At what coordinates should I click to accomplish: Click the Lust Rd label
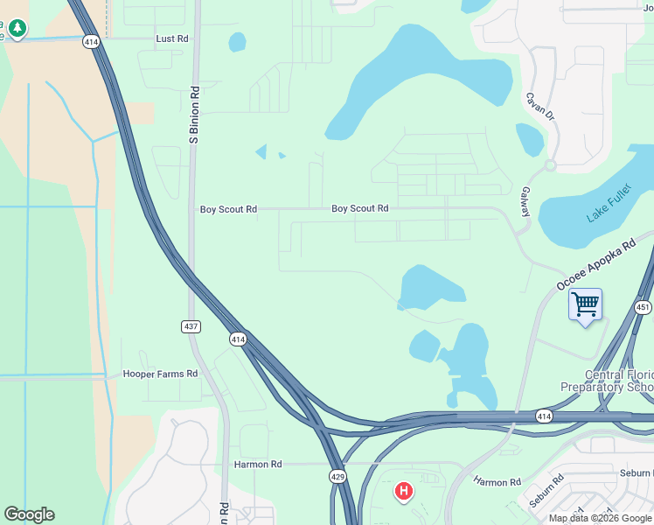(x=172, y=38)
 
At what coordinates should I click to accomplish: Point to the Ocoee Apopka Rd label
(x=595, y=267)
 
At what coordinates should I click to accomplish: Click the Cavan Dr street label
(x=539, y=106)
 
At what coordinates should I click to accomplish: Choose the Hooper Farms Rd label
(x=160, y=374)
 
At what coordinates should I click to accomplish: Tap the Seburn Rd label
(x=636, y=473)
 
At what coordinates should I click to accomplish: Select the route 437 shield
(x=191, y=326)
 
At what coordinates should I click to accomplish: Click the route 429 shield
(x=338, y=476)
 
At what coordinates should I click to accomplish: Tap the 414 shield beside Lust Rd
(x=91, y=40)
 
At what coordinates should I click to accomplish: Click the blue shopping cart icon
(x=585, y=305)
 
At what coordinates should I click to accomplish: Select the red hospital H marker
(x=403, y=492)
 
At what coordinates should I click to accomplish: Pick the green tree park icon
(x=17, y=31)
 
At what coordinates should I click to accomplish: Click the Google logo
(x=29, y=514)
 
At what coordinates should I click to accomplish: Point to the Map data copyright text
(x=600, y=518)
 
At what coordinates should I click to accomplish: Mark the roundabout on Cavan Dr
(x=550, y=165)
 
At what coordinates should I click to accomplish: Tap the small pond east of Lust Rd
(x=237, y=42)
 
